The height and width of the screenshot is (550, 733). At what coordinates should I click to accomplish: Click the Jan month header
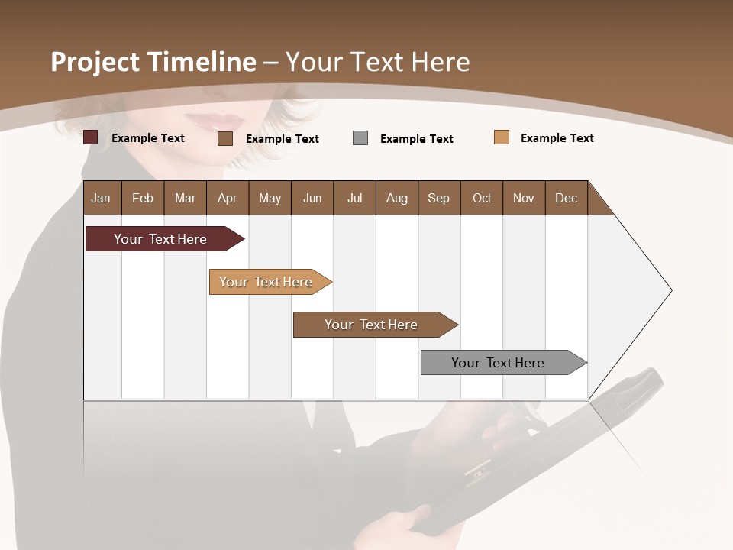point(101,198)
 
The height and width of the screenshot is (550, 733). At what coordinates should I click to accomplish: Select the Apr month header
point(228,198)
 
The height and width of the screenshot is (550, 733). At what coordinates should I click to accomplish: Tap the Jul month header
point(354,198)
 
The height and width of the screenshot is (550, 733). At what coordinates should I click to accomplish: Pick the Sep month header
point(438,198)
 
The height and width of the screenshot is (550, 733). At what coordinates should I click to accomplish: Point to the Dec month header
point(566,198)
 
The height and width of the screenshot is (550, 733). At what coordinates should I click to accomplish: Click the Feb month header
point(143,198)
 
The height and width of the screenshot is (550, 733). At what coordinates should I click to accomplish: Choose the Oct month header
point(482,198)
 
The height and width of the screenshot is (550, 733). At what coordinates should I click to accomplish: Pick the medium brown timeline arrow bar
point(372,325)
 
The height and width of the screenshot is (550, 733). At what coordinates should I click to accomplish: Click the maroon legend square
point(91,137)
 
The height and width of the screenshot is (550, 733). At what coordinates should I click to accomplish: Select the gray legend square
point(360,137)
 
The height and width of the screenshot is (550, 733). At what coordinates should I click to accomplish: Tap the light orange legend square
point(502,137)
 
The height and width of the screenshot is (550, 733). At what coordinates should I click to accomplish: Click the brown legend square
point(225,138)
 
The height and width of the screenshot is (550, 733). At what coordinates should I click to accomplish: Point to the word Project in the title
point(95,62)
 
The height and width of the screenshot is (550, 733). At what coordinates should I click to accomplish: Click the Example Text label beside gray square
point(417,139)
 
